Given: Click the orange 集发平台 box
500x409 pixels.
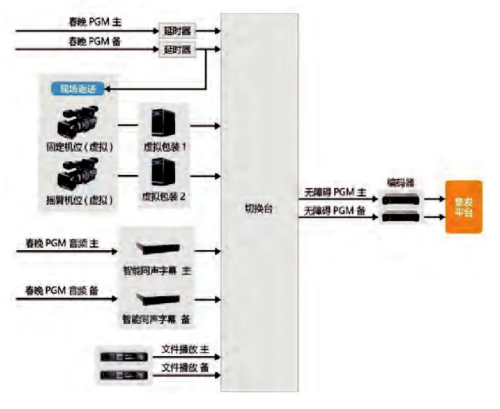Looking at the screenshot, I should pos(463,206).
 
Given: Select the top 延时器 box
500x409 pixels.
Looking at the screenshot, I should pos(177,32).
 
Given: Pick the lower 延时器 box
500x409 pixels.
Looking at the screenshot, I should pos(177,51).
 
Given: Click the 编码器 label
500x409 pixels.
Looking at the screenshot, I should pos(399,183).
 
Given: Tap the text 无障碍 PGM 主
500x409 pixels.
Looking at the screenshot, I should pos(334,195).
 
